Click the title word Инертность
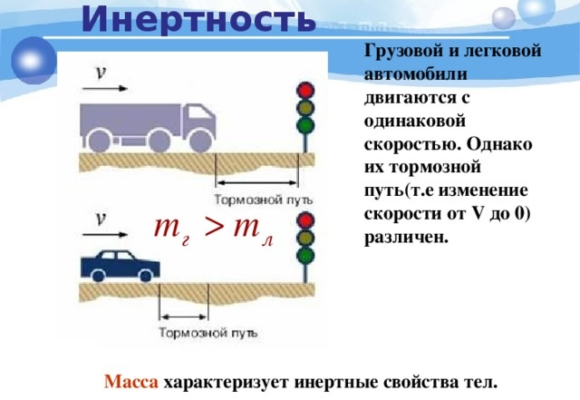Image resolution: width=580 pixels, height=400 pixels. point(198,19)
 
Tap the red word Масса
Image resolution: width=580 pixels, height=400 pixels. point(131,382)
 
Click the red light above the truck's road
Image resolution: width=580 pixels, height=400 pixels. point(306,90)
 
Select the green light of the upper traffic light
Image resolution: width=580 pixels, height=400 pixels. point(306,125)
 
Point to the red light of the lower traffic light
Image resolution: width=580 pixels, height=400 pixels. point(306,221)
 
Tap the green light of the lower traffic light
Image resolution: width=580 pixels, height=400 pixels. point(306,255)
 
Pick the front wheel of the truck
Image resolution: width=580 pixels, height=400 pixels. point(200,141)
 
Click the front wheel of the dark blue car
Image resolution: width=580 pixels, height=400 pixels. point(146,275)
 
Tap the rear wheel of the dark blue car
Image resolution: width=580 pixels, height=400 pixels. point(98,275)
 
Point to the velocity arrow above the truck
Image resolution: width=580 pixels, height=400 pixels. point(105,88)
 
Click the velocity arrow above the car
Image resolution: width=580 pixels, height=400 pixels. point(105,234)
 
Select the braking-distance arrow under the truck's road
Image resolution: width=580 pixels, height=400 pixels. point(256,182)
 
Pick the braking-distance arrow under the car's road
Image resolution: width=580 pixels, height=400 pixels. point(184,317)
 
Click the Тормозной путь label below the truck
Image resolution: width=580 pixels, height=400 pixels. point(263,200)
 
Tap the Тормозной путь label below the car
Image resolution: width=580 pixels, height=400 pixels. point(208,333)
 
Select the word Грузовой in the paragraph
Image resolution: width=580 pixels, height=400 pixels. point(404,51)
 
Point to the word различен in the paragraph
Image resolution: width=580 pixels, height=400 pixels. point(406,237)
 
